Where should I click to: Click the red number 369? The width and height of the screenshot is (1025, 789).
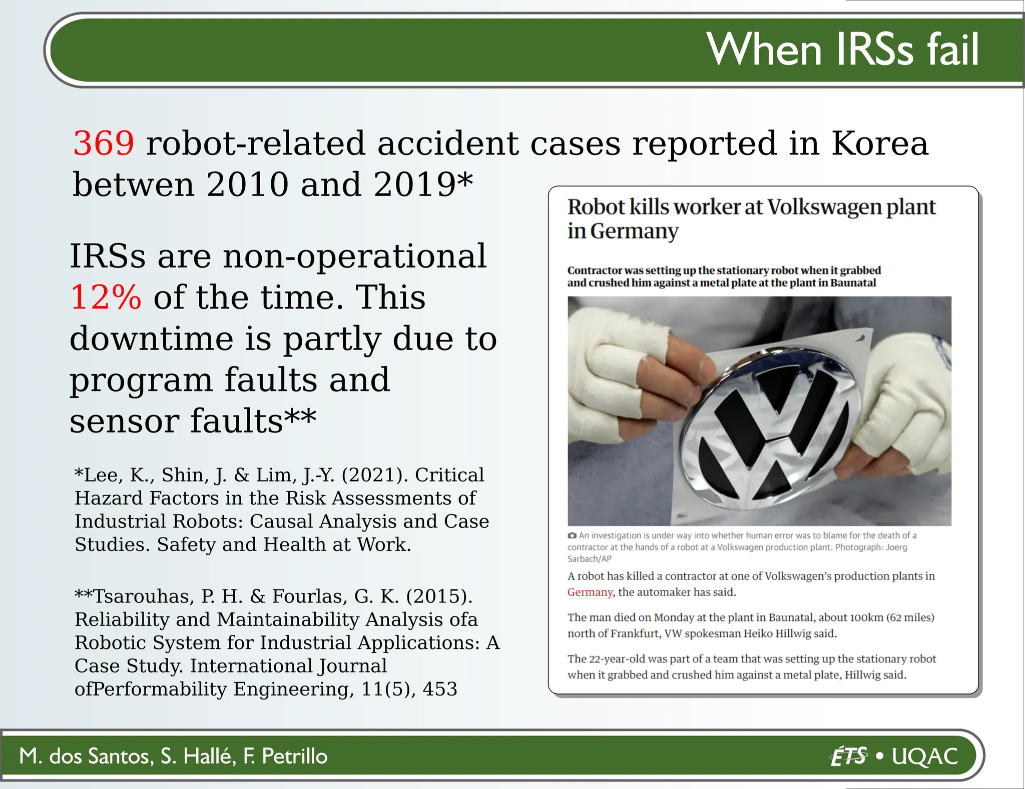click(104, 143)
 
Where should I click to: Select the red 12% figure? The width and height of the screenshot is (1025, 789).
click(106, 297)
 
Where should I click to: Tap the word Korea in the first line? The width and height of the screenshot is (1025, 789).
click(879, 143)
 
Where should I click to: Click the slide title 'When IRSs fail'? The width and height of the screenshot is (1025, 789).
click(842, 49)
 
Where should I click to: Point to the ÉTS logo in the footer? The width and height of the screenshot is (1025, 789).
click(848, 756)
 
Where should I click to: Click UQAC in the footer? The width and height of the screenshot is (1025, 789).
click(925, 756)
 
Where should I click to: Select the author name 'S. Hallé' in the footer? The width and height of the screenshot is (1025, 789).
click(198, 756)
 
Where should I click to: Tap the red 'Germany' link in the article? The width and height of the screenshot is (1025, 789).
click(590, 592)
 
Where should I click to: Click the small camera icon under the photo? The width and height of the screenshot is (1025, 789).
click(572, 535)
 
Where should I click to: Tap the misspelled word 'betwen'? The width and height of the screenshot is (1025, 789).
click(133, 184)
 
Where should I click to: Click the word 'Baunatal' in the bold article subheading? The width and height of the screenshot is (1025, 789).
click(853, 283)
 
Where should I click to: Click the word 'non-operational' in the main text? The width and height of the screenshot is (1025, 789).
click(354, 256)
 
